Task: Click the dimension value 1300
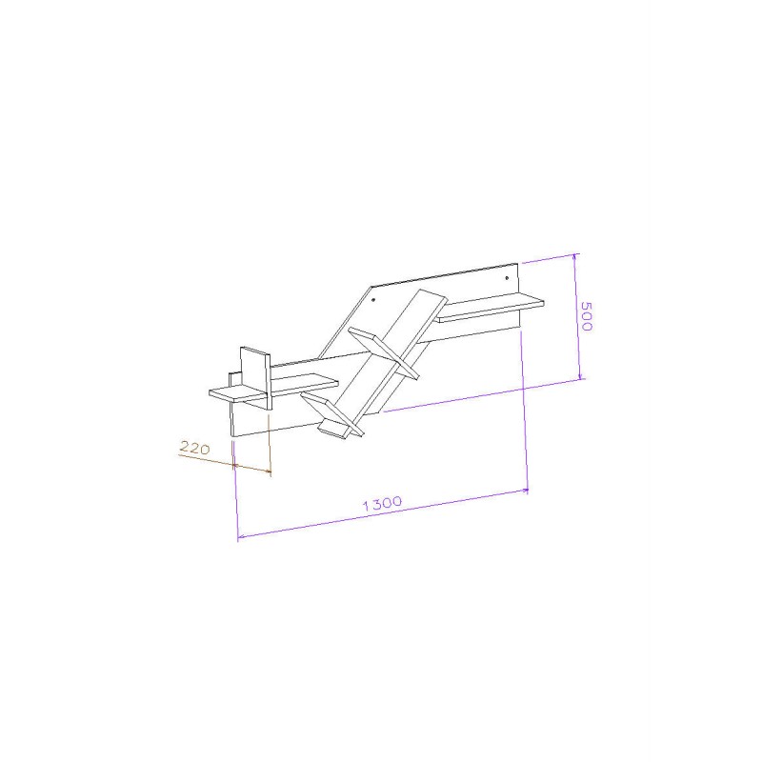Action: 383,503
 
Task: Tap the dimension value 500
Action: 587,316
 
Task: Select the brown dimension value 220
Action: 195,447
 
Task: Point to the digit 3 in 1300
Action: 375,504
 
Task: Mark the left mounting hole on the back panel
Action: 373,300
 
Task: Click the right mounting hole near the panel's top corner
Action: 507,278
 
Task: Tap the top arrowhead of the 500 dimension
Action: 575,255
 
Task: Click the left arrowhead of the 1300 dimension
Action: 240,536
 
